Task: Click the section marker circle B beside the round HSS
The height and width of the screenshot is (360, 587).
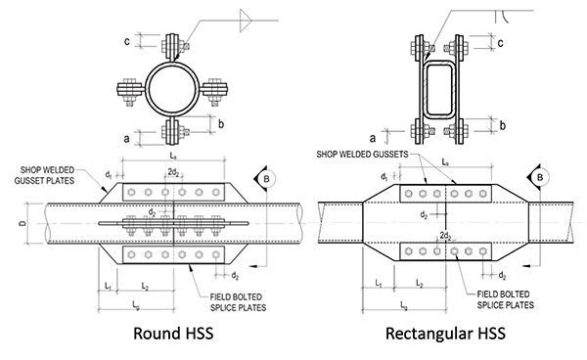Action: [264, 178]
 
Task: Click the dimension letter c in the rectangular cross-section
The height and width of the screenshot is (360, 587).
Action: [500, 44]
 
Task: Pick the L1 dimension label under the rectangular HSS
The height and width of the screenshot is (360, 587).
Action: [378, 283]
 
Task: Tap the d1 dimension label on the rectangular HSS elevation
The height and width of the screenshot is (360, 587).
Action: [383, 176]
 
